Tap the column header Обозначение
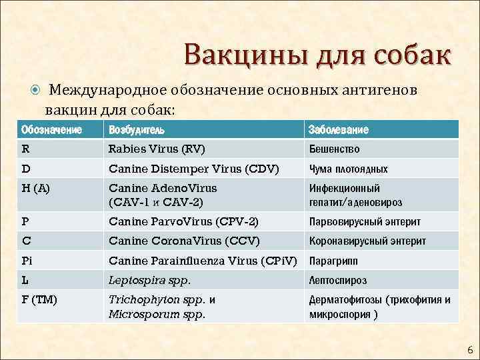(53, 129)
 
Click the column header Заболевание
(338, 129)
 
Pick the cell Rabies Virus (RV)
(157, 149)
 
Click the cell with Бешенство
(334, 149)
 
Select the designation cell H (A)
(37, 188)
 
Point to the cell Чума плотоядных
(347, 169)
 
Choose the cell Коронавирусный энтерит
(367, 241)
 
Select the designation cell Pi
(27, 260)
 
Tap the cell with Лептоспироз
(337, 280)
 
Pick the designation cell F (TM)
(39, 300)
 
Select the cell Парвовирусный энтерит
(364, 221)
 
